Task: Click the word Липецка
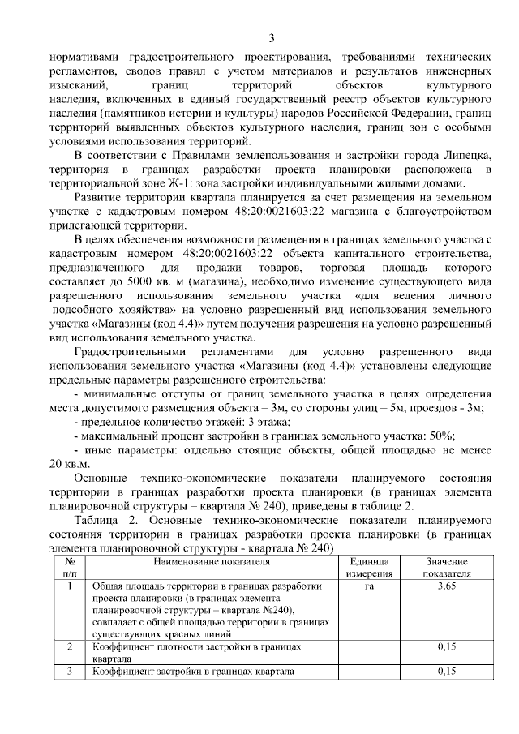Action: click(x=465, y=154)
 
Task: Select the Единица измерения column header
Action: click(x=371, y=567)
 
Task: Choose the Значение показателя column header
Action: click(x=446, y=567)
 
